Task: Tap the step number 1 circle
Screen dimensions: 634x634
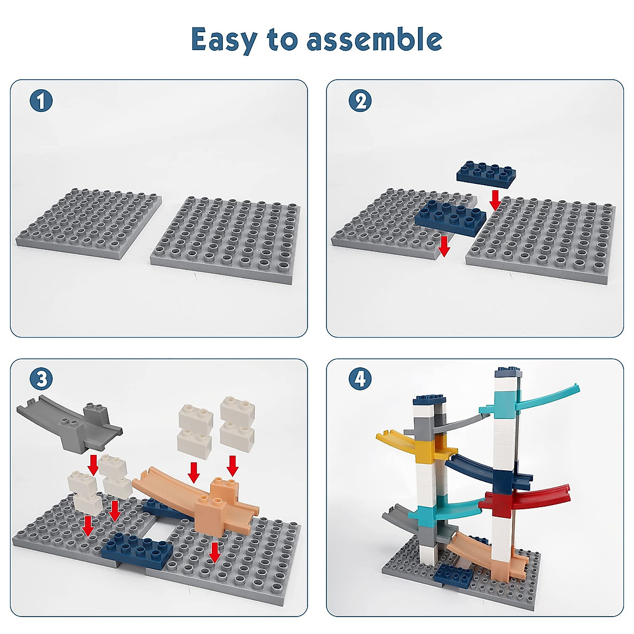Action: click(41, 100)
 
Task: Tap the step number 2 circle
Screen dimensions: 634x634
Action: click(360, 100)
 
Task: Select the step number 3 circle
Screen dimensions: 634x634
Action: click(41, 379)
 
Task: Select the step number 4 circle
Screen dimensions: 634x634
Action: click(360, 379)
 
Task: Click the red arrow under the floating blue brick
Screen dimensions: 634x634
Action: click(495, 200)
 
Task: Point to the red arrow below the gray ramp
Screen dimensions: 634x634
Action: click(93, 464)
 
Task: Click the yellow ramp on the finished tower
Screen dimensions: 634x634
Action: click(417, 446)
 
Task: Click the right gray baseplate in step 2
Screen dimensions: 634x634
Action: click(544, 238)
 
